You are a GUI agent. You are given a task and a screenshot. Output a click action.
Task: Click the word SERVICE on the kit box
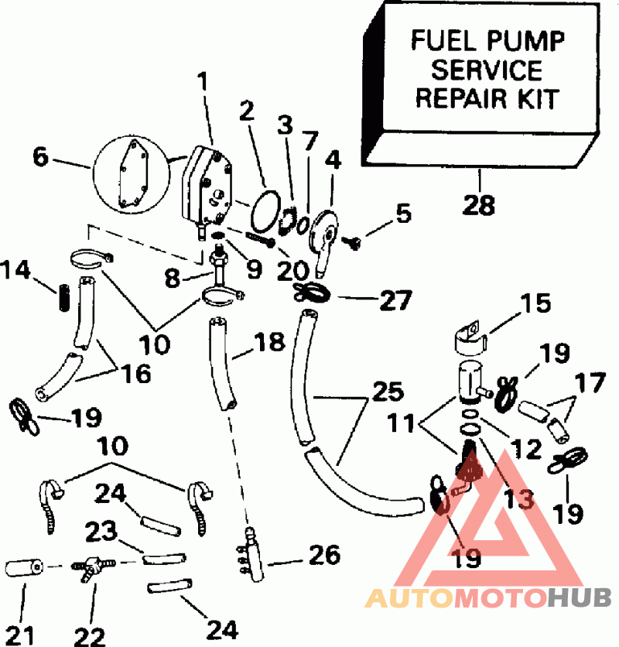point(487,70)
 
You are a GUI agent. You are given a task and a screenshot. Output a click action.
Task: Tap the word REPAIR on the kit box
point(452,100)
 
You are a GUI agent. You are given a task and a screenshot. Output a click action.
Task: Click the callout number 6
point(40,157)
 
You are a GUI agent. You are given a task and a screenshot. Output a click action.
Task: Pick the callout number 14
point(16,270)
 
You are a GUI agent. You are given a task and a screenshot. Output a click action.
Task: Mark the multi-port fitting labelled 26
point(251,552)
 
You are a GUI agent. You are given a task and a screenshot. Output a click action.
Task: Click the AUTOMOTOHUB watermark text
point(488,597)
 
